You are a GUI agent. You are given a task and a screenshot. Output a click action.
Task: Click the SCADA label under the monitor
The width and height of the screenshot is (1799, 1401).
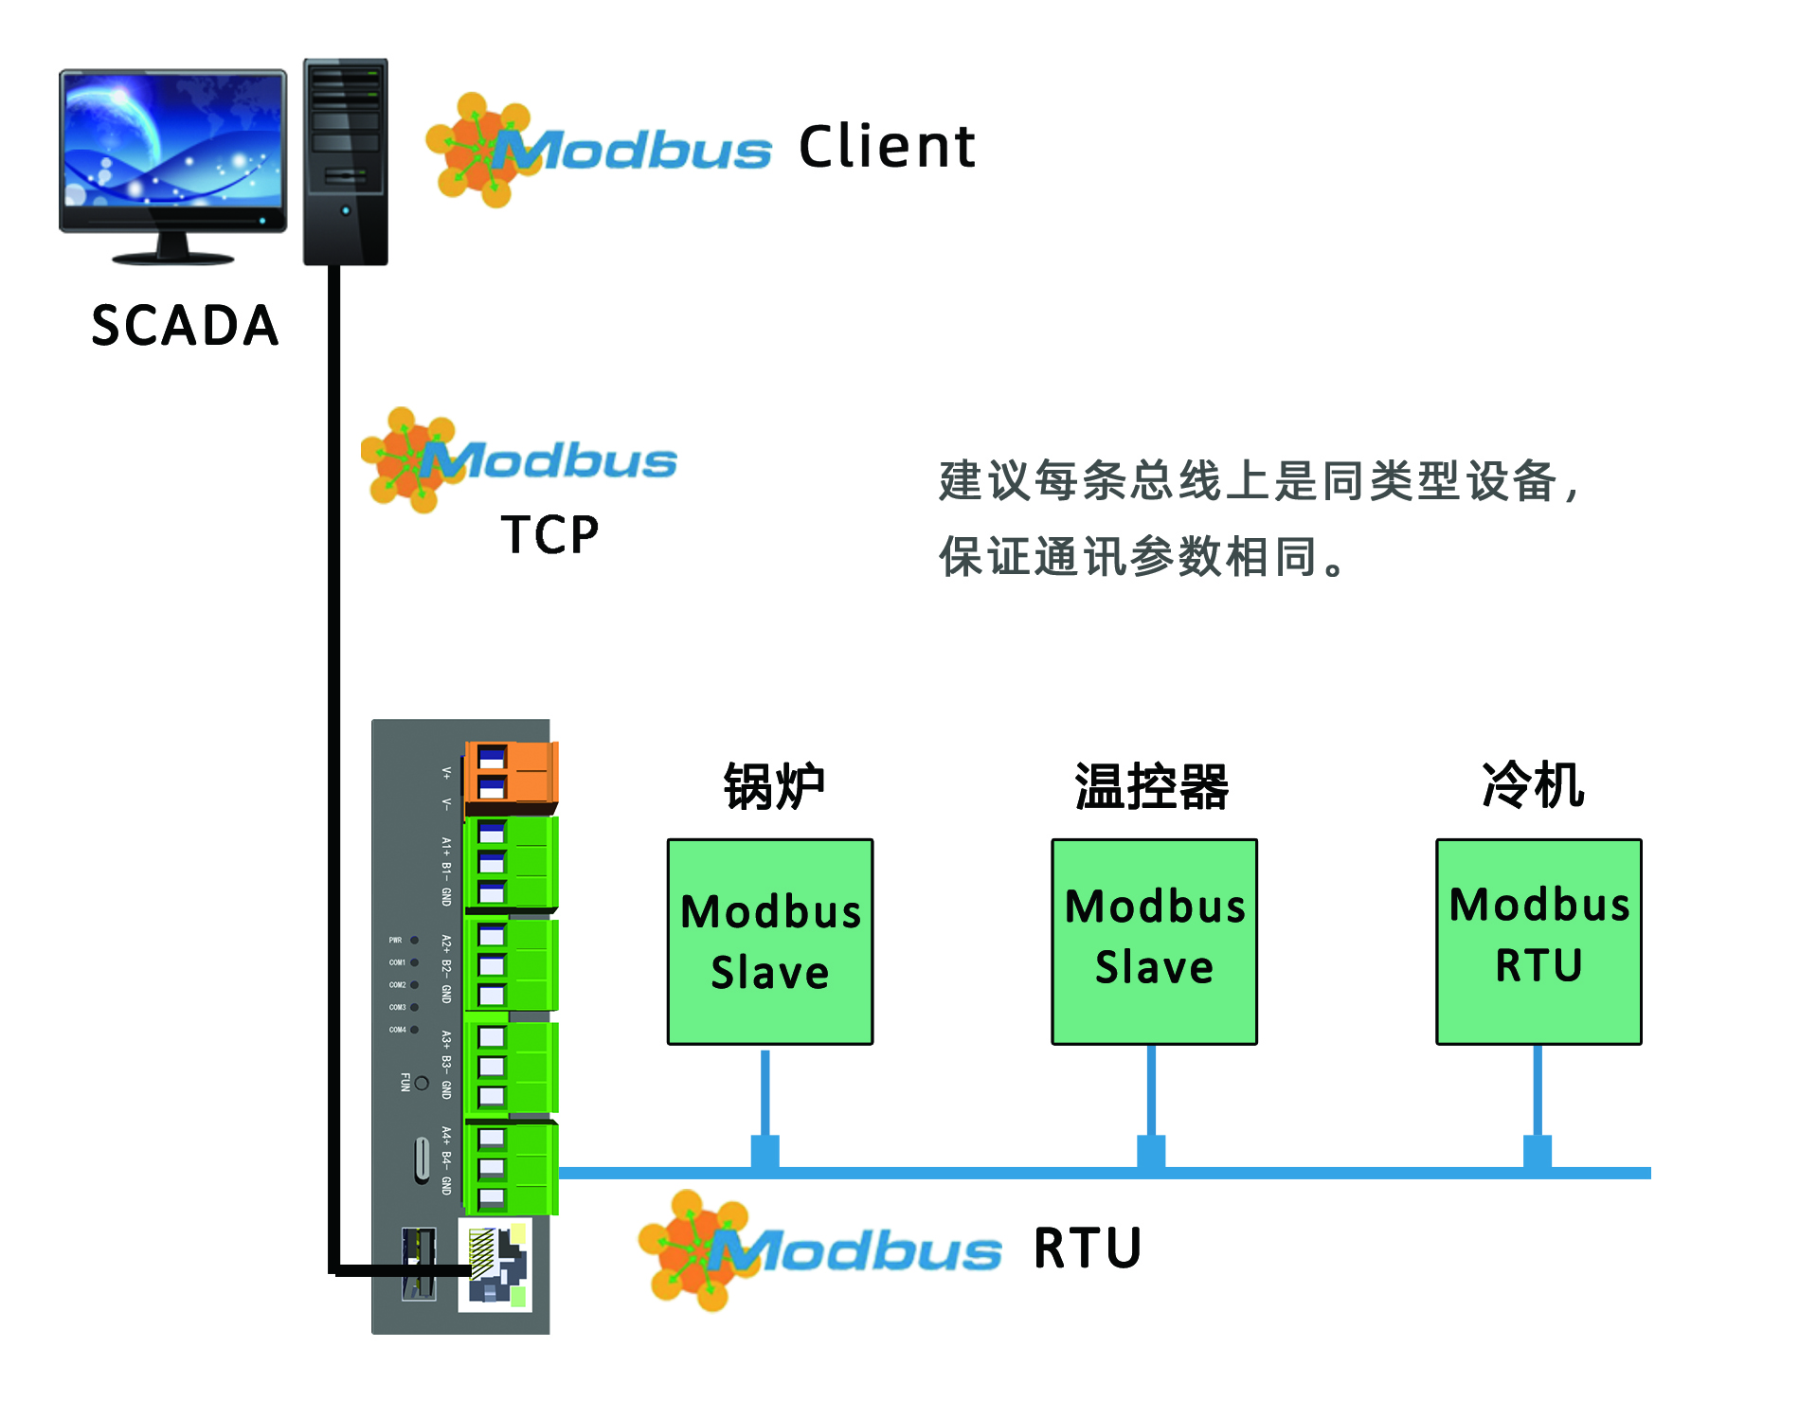click(x=185, y=326)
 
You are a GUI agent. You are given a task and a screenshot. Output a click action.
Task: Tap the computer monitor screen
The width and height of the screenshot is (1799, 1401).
click(x=173, y=140)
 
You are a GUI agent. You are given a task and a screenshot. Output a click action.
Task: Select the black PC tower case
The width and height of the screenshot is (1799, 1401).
click(x=346, y=161)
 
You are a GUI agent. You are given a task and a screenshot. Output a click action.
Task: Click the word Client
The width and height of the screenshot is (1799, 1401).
click(x=887, y=148)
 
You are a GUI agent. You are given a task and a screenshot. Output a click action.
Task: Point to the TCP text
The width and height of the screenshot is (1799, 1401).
click(x=549, y=535)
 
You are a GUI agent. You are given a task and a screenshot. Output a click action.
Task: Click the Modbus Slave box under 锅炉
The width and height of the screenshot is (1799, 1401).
click(x=770, y=942)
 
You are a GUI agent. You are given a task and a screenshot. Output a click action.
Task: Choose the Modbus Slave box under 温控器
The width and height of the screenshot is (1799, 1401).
click(x=1154, y=942)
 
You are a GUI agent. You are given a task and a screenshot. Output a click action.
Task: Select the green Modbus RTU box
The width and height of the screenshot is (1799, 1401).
click(x=1538, y=942)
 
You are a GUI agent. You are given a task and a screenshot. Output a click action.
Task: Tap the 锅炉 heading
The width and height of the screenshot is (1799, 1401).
click(x=774, y=786)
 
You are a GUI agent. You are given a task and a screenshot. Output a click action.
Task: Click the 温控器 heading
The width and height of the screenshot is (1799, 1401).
click(x=1152, y=786)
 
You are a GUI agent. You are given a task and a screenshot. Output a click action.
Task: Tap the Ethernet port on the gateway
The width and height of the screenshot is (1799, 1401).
click(x=495, y=1265)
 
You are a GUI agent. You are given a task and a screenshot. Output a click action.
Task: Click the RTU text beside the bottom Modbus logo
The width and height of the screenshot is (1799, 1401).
click(x=1088, y=1248)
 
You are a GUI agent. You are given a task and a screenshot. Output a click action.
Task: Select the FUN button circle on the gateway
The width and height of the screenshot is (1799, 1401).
click(x=422, y=1083)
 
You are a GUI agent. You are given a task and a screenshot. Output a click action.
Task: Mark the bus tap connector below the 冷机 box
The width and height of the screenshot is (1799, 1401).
click(x=1537, y=1151)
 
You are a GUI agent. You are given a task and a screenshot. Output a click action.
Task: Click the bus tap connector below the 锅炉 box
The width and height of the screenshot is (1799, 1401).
click(x=765, y=1151)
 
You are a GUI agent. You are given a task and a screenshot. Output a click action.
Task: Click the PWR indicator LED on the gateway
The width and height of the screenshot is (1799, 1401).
click(x=414, y=941)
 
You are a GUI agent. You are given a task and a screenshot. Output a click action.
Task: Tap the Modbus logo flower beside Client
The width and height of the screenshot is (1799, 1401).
click(x=478, y=150)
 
